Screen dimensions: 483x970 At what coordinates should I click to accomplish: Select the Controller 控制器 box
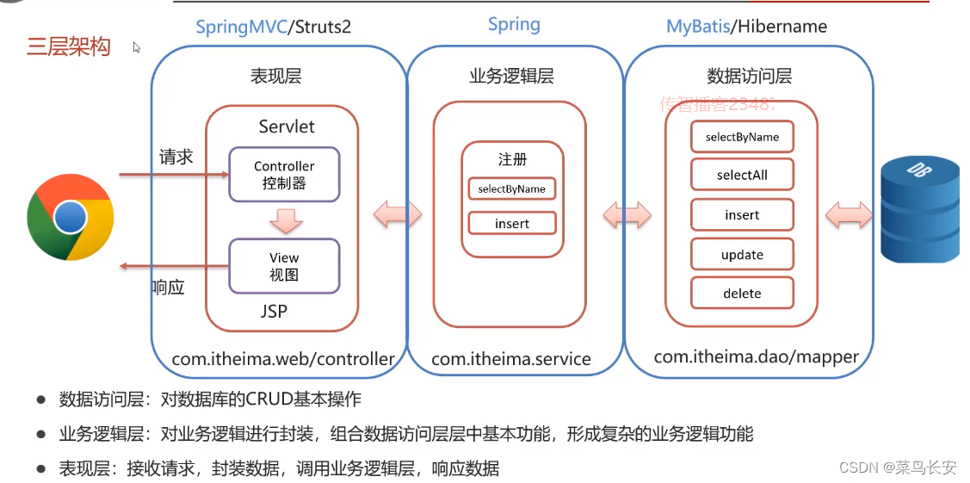tap(284, 174)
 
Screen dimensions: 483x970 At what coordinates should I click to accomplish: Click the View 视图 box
tap(284, 266)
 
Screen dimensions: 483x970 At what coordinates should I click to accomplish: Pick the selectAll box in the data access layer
tap(742, 176)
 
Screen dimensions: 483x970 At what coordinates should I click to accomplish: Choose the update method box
tap(742, 255)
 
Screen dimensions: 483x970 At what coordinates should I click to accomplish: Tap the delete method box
tap(742, 294)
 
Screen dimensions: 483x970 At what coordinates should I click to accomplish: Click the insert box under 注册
tap(512, 224)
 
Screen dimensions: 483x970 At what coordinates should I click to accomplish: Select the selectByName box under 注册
tap(512, 189)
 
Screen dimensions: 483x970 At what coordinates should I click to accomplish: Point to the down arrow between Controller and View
tap(284, 221)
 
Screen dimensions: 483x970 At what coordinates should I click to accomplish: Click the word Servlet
tap(287, 127)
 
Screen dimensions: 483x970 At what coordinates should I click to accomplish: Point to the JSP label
tap(274, 312)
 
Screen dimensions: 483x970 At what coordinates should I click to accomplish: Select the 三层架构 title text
tap(69, 46)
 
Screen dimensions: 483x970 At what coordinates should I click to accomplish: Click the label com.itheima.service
tap(511, 359)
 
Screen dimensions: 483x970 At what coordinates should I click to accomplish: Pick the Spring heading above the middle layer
tap(514, 24)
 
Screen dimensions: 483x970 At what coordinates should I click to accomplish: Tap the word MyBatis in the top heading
tap(697, 27)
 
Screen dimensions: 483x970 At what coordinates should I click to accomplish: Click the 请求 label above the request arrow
tap(176, 157)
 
